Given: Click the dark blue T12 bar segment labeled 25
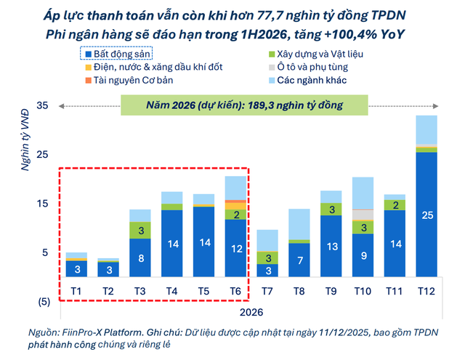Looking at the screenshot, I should click(426, 214).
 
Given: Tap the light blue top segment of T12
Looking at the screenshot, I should click(426, 130).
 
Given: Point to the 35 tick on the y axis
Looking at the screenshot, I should click(42, 106).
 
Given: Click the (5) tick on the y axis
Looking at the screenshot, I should click(42, 301).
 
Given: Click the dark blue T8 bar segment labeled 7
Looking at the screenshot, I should click(299, 260).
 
